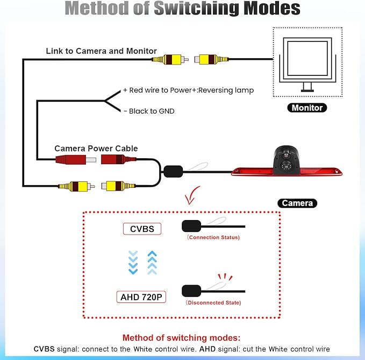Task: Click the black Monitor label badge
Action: (307, 108)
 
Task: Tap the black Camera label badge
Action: (297, 203)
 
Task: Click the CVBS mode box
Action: (142, 229)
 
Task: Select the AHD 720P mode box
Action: (141, 297)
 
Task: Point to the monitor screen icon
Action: (307, 65)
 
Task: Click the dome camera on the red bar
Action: (287, 160)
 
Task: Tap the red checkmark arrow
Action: (192, 195)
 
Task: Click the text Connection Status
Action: (214, 237)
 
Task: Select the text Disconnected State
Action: (214, 302)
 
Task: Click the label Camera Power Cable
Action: (96, 149)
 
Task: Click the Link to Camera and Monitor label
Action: (101, 51)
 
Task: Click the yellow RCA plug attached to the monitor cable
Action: (211, 59)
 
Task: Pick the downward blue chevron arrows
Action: (133, 263)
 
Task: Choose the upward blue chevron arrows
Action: (152, 263)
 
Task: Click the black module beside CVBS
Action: (191, 226)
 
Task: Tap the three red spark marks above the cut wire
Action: (225, 277)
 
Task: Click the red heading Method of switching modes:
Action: (181, 337)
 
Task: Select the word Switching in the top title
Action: (197, 8)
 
